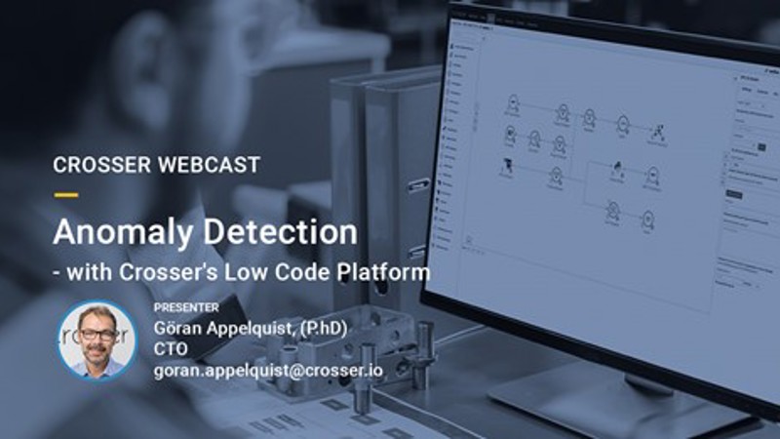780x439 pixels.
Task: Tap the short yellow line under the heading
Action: coord(65,194)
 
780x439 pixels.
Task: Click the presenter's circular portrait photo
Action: coord(97,339)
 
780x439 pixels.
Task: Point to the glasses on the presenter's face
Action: coord(97,333)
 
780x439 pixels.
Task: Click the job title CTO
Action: coord(170,348)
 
